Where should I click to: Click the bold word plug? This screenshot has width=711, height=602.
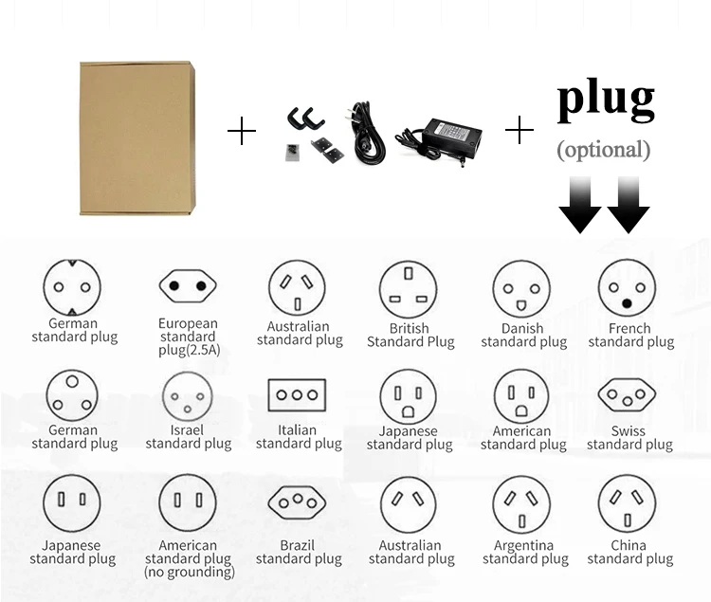(605, 99)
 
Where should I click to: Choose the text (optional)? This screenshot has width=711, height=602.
(604, 149)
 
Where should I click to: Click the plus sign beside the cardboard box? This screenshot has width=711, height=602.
(242, 132)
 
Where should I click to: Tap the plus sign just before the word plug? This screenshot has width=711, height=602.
(520, 131)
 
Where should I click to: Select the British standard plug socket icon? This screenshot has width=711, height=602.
(409, 288)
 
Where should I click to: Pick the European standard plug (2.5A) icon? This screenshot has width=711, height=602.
(188, 284)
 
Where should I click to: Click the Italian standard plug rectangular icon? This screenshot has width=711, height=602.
(297, 394)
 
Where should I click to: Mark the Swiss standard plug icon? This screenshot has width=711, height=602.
(627, 395)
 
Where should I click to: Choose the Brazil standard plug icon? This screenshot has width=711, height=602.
(297, 503)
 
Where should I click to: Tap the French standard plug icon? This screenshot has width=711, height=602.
(627, 288)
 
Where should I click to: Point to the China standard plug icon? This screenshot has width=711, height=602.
(627, 503)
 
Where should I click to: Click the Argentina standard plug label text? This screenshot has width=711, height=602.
(525, 553)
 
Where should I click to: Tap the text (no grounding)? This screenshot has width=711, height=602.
(190, 572)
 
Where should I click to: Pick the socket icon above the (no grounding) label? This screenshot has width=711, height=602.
(188, 503)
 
